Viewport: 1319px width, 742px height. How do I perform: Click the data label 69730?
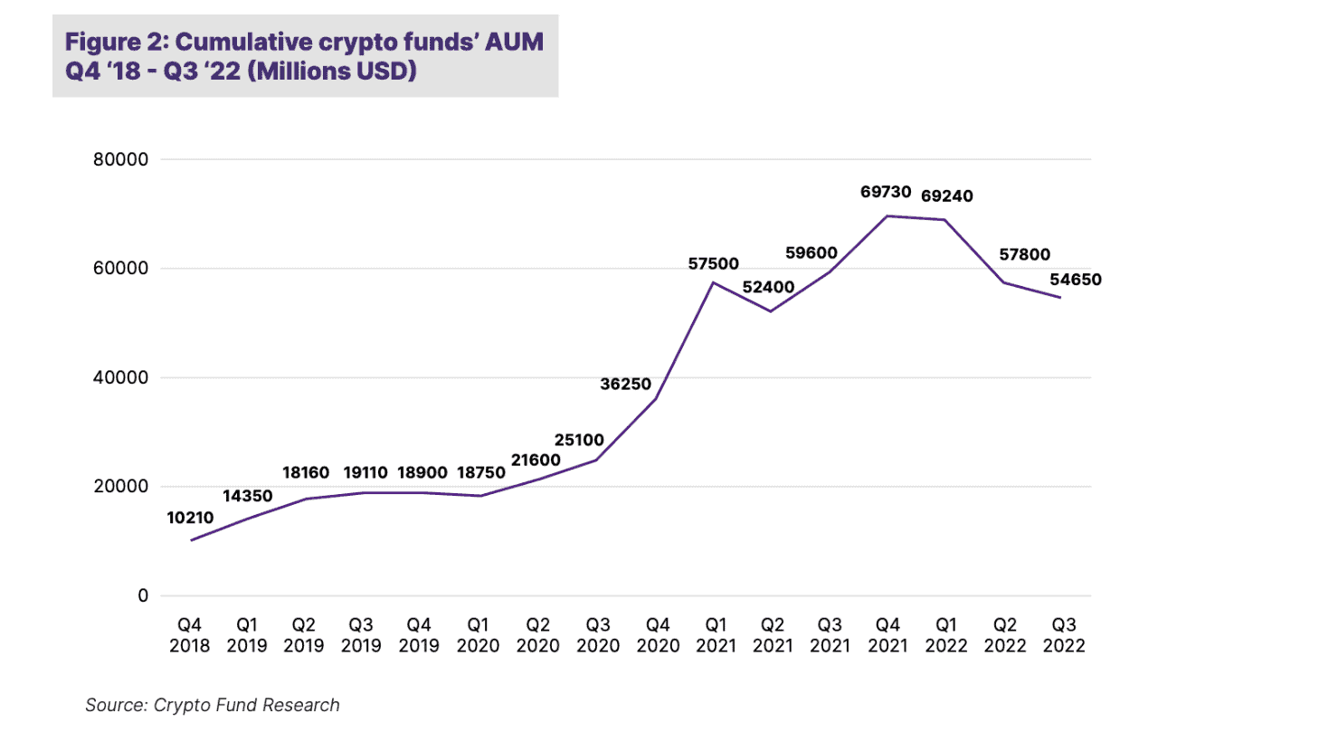pyautogui.click(x=886, y=192)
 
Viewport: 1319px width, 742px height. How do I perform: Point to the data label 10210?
pyautogui.click(x=190, y=518)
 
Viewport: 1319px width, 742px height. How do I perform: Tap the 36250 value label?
pyautogui.click(x=625, y=384)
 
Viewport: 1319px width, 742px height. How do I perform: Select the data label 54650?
pyautogui.click(x=1076, y=280)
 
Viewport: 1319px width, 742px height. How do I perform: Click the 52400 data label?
pyautogui.click(x=768, y=287)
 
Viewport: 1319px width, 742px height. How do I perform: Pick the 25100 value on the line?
pyautogui.click(x=579, y=440)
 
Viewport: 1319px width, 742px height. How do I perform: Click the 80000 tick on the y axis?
pyautogui.click(x=120, y=159)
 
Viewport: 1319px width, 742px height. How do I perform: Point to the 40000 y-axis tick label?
pyautogui.click(x=120, y=377)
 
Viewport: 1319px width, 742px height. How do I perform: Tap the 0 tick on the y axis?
pyautogui.click(x=143, y=595)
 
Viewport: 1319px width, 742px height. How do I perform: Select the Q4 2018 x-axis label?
pyautogui.click(x=189, y=635)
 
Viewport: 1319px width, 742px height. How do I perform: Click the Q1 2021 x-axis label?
pyautogui.click(x=716, y=635)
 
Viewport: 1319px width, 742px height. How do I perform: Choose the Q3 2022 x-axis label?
pyautogui.click(x=1064, y=635)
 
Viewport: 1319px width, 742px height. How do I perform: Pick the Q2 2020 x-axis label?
pyautogui.click(x=537, y=635)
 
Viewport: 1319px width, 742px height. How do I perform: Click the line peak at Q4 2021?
pyautogui.click(x=887, y=216)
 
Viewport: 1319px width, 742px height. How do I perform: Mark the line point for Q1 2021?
pyautogui.click(x=714, y=282)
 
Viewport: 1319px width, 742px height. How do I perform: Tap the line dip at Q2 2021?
pyautogui.click(x=771, y=311)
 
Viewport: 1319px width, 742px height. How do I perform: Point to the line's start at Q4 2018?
pyautogui.click(x=192, y=540)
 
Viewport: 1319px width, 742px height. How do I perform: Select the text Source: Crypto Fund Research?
pyautogui.click(x=213, y=705)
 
